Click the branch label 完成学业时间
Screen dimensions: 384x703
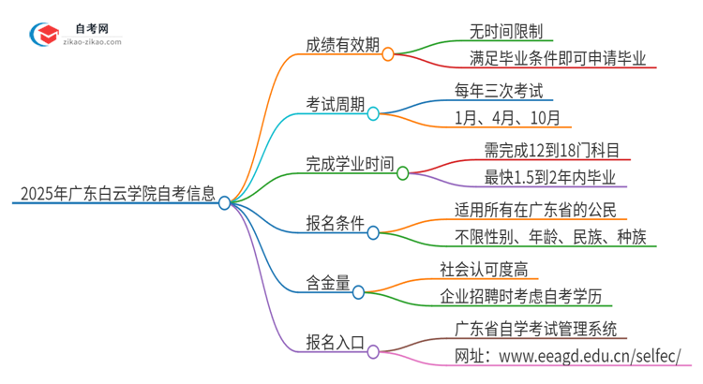point(348,164)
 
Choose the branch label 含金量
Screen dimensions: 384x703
point(324,284)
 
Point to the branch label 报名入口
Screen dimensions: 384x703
point(332,343)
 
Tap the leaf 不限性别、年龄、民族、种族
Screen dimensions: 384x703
point(549,237)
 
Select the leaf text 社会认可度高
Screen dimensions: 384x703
point(484,270)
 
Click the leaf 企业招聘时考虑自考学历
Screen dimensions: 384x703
point(527,298)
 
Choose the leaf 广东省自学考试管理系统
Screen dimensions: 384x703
point(535,329)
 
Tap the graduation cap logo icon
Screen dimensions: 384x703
point(41,35)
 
